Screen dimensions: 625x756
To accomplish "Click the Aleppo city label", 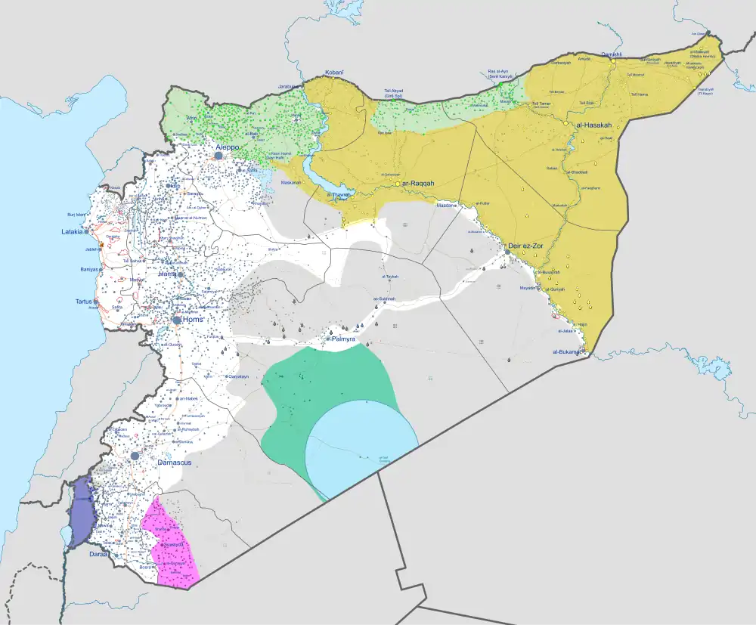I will [x=228, y=147].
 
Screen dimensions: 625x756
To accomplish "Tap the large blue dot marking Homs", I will [x=176, y=320].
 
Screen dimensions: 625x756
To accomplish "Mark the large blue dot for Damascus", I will [x=135, y=456].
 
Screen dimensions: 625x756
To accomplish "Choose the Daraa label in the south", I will [x=98, y=555].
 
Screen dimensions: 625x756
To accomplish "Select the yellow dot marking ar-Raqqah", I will [x=398, y=184].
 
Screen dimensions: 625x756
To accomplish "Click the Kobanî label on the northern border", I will [x=334, y=73].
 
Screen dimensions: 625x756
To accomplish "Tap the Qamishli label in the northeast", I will [x=611, y=54].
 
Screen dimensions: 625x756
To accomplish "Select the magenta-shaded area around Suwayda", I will [x=173, y=544].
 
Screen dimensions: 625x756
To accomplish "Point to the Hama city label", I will [x=178, y=274].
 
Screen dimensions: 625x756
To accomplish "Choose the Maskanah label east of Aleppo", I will [x=291, y=182].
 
